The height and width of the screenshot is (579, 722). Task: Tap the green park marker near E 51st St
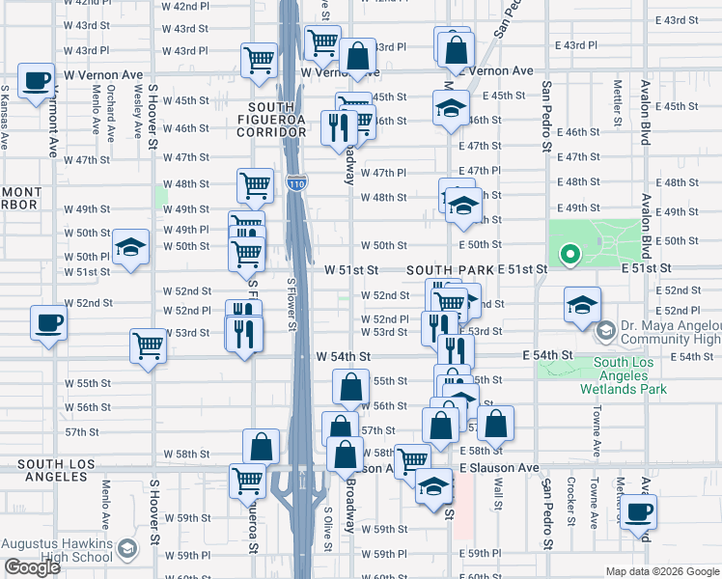click(x=570, y=255)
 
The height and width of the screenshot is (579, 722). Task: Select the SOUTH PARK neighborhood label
click(x=450, y=269)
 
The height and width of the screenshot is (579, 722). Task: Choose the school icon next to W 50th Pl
click(x=130, y=247)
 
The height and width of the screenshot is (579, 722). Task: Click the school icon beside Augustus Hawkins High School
click(x=126, y=551)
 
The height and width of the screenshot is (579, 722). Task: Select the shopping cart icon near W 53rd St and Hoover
click(x=149, y=344)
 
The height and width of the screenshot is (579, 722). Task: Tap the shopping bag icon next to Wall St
click(x=495, y=422)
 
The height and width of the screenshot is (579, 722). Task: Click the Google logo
click(x=32, y=567)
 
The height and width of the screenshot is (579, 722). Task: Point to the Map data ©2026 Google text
click(x=661, y=571)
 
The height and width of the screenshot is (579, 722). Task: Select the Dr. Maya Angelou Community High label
click(x=668, y=333)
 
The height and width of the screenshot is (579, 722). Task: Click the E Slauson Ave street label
click(x=499, y=467)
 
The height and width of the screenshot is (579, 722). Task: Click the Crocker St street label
click(x=571, y=502)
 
